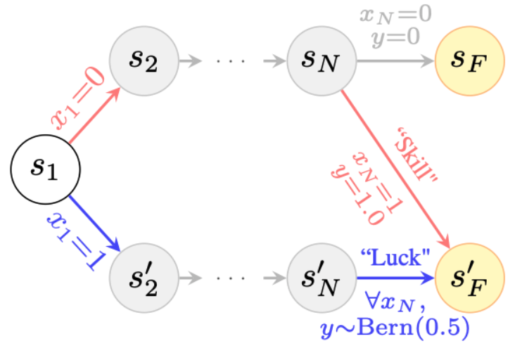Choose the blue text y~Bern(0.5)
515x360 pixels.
[393, 328]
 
